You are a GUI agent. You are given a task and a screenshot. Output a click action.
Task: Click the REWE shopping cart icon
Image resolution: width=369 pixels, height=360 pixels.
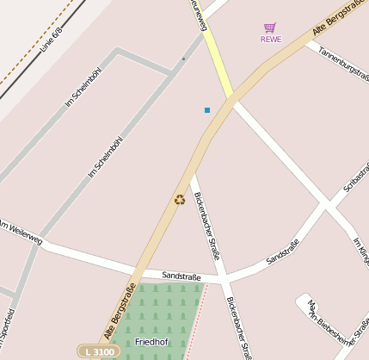point(270,28)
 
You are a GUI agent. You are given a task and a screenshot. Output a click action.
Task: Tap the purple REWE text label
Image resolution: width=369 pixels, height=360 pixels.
point(270,39)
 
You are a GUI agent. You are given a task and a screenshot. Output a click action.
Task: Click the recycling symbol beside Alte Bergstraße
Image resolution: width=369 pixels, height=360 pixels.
point(179,200)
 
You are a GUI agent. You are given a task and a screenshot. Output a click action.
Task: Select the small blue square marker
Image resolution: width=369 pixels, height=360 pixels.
point(207,110)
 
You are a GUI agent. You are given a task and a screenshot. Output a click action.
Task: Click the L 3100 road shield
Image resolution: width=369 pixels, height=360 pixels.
point(99,351)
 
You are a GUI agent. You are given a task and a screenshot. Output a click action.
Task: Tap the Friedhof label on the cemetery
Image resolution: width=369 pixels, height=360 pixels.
point(151,342)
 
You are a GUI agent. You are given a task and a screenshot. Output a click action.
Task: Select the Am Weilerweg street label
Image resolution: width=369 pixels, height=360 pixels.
point(21,231)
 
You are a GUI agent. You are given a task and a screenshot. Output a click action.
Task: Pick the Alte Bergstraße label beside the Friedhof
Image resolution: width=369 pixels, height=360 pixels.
point(120,310)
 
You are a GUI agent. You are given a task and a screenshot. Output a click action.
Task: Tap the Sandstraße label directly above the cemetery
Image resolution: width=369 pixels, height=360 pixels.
point(181,276)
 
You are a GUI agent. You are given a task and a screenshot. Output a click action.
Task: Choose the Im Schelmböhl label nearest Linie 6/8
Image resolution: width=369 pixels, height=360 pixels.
point(83,89)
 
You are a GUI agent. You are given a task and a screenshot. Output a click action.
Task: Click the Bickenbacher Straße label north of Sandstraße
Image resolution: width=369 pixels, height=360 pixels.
point(206,226)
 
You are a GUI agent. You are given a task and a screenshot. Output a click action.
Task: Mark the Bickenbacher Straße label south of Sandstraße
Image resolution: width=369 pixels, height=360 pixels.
point(238,328)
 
